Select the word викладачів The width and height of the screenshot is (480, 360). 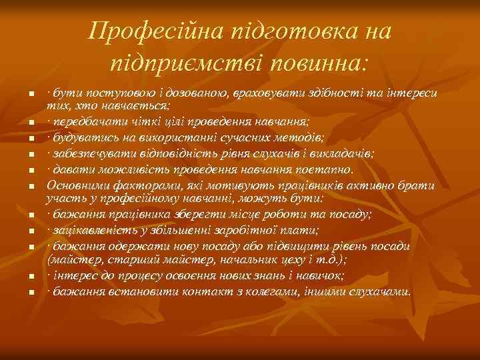click(341, 153)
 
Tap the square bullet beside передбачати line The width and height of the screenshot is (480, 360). click(31, 123)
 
